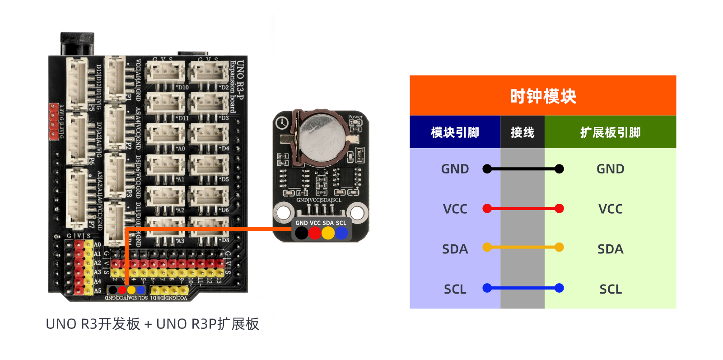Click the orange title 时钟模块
point(543,96)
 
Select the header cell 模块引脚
point(455,132)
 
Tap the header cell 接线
point(522,132)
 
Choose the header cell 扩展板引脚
point(610,132)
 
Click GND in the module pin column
point(455,169)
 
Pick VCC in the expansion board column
point(610,209)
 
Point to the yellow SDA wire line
point(523,247)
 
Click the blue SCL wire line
point(523,288)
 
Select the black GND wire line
point(523,169)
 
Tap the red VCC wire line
point(523,209)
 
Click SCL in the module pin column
point(455,289)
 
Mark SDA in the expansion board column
point(610,249)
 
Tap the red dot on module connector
point(315,233)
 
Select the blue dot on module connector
point(341,233)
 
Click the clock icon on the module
point(282,123)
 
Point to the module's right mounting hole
point(357,212)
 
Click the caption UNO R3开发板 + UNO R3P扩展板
point(153,324)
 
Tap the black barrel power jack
point(77,44)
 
